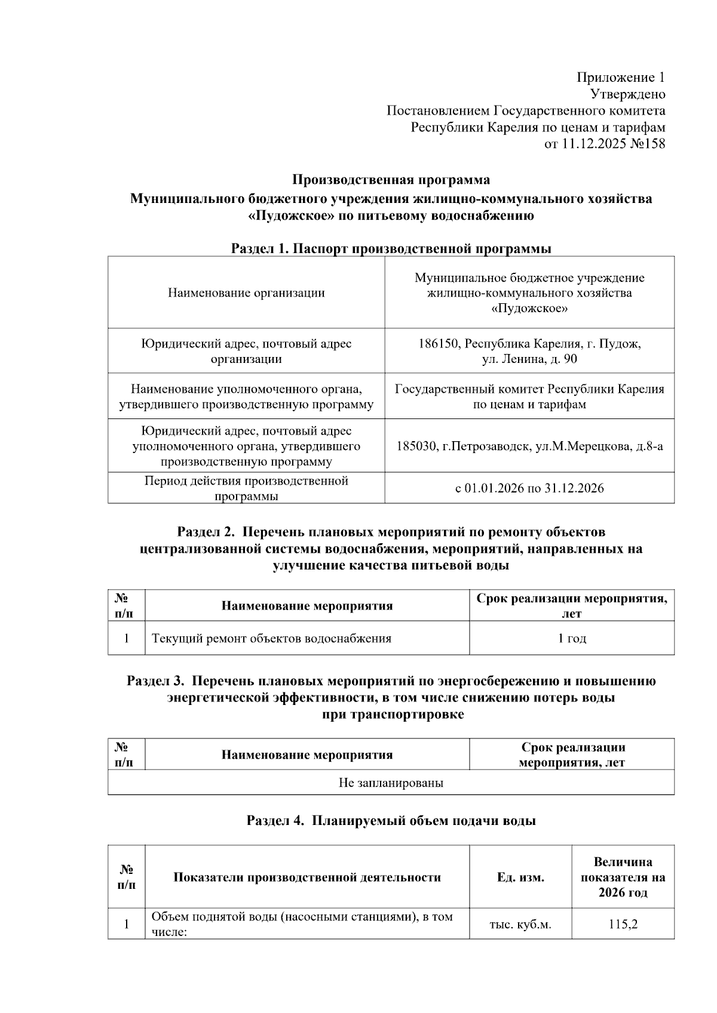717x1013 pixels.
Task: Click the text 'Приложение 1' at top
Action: pyautogui.click(x=620, y=78)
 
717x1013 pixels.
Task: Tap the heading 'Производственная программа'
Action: pyautogui.click(x=391, y=180)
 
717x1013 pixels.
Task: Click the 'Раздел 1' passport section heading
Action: pyautogui.click(x=391, y=249)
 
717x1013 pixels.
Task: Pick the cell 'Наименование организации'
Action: pyautogui.click(x=246, y=293)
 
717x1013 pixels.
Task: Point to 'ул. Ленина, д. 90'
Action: pyautogui.click(x=529, y=359)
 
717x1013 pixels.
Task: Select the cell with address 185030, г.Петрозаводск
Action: pyautogui.click(x=529, y=447)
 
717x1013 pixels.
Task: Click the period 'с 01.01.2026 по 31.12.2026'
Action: pyautogui.click(x=529, y=488)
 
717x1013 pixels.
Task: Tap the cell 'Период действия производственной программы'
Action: pyautogui.click(x=246, y=488)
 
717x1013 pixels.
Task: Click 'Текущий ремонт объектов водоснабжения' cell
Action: pyautogui.click(x=272, y=639)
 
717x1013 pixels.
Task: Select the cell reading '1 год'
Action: pyautogui.click(x=572, y=639)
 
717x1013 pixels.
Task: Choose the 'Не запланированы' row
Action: pyautogui.click(x=391, y=783)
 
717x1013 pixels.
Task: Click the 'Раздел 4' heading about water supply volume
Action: pyautogui.click(x=391, y=821)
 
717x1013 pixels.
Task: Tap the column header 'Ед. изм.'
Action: pyautogui.click(x=520, y=877)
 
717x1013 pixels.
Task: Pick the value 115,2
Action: pyautogui.click(x=623, y=925)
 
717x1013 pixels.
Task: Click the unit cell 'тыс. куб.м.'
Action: pyautogui.click(x=520, y=925)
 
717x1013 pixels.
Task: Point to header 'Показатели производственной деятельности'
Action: pyautogui.click(x=307, y=877)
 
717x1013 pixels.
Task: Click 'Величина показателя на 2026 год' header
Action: pyautogui.click(x=623, y=877)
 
